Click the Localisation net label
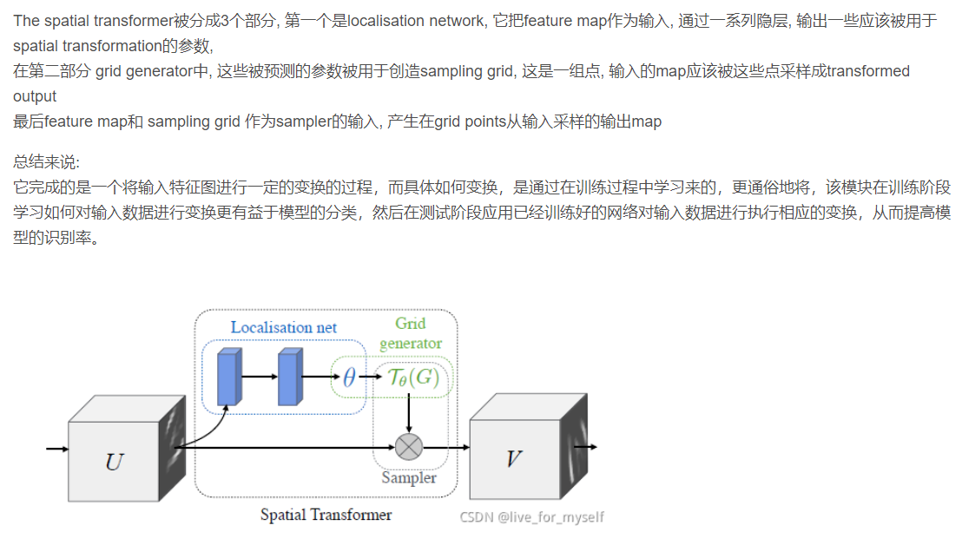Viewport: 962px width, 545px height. click(283, 327)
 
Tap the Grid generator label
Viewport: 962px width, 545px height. click(411, 333)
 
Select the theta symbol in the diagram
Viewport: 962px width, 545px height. click(348, 378)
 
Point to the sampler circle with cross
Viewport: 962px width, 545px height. click(408, 447)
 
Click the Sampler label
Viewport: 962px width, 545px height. click(409, 477)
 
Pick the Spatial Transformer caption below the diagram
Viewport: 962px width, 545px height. click(326, 515)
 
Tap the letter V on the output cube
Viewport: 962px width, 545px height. click(513, 459)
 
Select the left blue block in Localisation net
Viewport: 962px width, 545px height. click(228, 377)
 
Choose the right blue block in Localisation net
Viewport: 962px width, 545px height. click(288, 377)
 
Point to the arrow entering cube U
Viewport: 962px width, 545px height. click(57, 449)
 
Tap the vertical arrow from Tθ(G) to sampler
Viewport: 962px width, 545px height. click(408, 413)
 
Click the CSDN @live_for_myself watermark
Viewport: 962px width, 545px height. click(531, 517)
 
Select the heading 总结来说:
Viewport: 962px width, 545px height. click(46, 161)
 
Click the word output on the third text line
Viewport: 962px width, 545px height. click(35, 96)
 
